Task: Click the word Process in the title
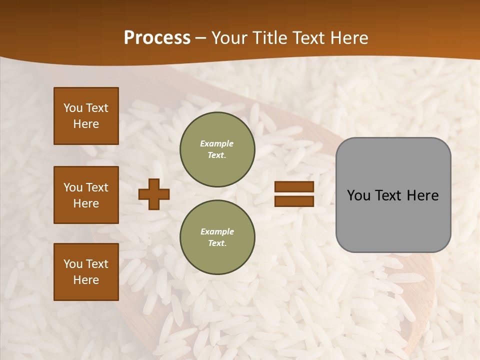coord(157,38)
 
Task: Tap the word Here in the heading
coord(347,38)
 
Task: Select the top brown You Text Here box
coord(86,116)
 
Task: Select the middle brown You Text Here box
coord(86,195)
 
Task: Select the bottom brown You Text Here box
coord(86,272)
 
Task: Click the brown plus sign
coord(154,194)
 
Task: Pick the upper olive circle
coord(217,149)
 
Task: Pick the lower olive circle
coord(217,237)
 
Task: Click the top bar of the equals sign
coord(294,186)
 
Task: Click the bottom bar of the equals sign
coord(294,201)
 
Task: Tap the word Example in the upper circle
coord(217,143)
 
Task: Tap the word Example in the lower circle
coord(217,231)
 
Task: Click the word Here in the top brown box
coord(86,124)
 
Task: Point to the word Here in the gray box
coord(423,195)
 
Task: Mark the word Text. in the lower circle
coord(217,243)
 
